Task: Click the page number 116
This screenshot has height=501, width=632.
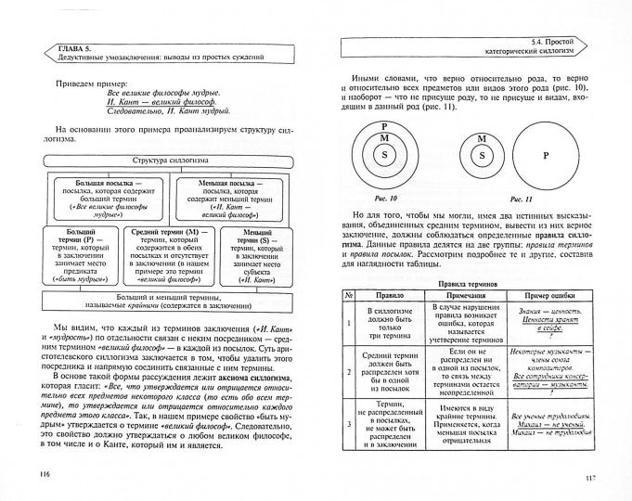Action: (44, 474)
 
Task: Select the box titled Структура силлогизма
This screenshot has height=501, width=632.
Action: (170, 161)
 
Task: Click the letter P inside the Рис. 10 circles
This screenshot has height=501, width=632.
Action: (384, 124)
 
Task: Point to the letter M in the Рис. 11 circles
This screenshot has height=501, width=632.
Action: (480, 139)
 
